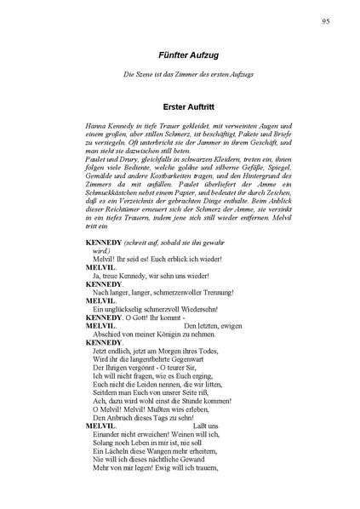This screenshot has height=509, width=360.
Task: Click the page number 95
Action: click(x=326, y=20)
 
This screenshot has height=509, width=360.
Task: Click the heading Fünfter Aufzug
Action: click(x=180, y=54)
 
